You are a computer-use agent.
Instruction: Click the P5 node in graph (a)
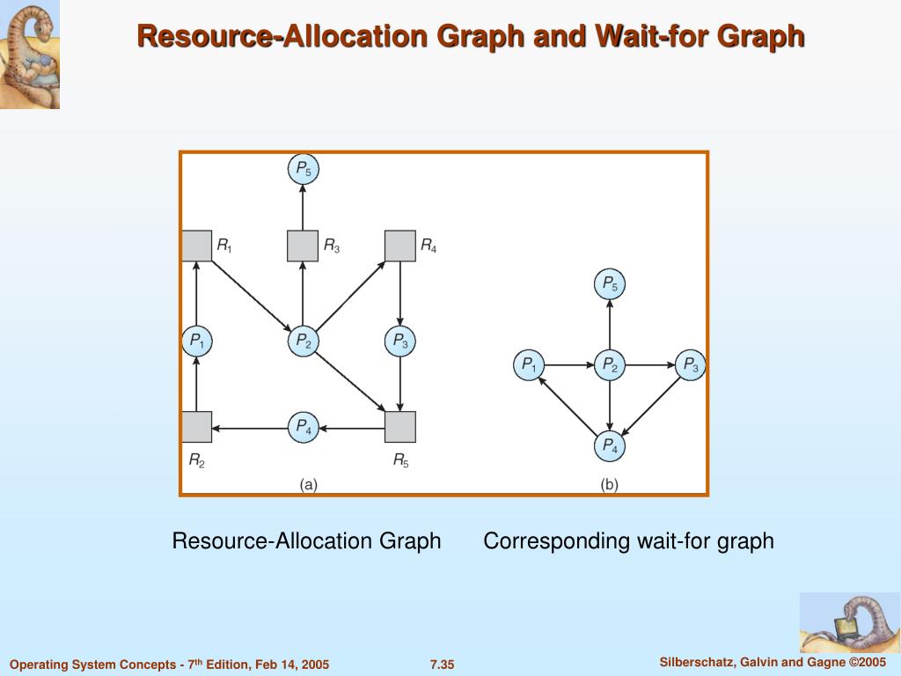[303, 169]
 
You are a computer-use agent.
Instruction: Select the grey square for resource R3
[303, 246]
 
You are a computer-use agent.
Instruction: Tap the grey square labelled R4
[400, 246]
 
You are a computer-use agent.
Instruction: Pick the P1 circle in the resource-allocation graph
[196, 341]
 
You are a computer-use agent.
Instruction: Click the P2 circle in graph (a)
[303, 341]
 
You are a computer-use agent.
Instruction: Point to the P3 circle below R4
[400, 341]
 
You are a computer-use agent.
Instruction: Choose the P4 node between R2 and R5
[303, 428]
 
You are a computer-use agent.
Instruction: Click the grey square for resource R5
[400, 427]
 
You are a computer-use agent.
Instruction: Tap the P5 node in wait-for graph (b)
[609, 284]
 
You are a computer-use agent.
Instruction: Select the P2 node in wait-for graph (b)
[609, 364]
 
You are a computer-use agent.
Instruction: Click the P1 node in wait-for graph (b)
[529, 364]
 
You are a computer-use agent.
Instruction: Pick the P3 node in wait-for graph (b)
[690, 364]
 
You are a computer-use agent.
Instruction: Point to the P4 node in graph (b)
[609, 447]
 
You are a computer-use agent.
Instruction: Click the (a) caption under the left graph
[308, 484]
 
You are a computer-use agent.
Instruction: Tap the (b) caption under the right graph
[609, 484]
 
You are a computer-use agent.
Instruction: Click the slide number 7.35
[442, 665]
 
